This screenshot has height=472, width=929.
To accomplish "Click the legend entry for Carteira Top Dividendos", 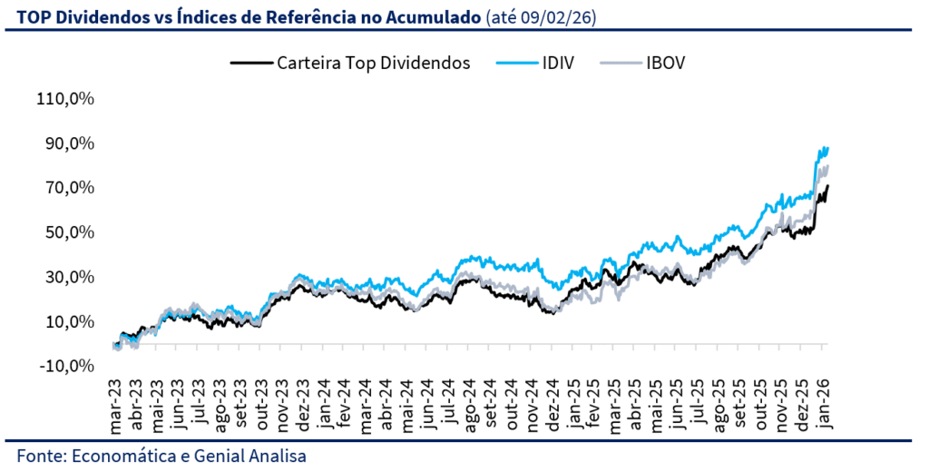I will click(373, 64).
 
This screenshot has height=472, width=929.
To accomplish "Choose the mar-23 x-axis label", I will click(116, 404).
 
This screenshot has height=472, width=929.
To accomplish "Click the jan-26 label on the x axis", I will click(824, 404).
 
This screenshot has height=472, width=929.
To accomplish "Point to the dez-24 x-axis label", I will click(553, 404).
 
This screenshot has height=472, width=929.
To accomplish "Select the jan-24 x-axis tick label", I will click(324, 404).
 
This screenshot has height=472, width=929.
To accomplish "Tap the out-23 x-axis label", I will click(261, 404).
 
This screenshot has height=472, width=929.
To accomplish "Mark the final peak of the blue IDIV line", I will click(826, 147).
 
